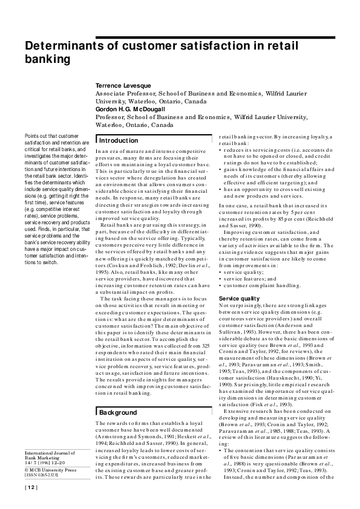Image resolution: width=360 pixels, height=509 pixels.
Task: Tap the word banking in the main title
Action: pos(47,59)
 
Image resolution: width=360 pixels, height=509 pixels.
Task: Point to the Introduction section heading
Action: pos(119,140)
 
